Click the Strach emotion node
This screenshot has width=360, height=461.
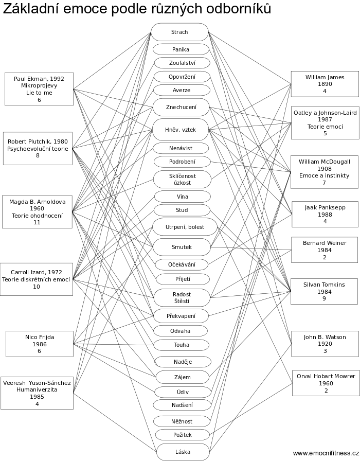pyautogui.click(x=179, y=32)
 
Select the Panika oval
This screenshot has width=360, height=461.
pyautogui.click(x=181, y=49)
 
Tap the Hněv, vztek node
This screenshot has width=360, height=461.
pyautogui.click(x=180, y=130)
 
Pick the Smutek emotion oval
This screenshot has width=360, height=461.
pyautogui.click(x=181, y=247)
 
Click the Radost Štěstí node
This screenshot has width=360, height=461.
pyautogui.click(x=182, y=297)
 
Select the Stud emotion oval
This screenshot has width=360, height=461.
pyautogui.click(x=182, y=210)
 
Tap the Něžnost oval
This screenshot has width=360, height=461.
pyautogui.click(x=182, y=421)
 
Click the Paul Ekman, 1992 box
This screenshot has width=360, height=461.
pyautogui.click(x=39, y=88)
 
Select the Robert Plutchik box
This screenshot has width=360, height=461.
pyautogui.click(x=38, y=148)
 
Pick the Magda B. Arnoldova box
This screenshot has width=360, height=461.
pyautogui.click(x=37, y=211)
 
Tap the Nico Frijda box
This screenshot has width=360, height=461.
pyautogui.click(x=40, y=344)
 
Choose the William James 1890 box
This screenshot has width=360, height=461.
pyautogui.click(x=325, y=84)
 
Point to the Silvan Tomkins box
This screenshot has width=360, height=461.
pyautogui.click(x=325, y=291)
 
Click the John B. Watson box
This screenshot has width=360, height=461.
pyautogui.click(x=325, y=344)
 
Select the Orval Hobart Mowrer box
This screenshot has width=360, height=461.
pyautogui.click(x=326, y=383)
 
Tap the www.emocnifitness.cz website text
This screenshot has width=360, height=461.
pyautogui.click(x=326, y=453)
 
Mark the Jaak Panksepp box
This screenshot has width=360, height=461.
pyautogui.click(x=325, y=214)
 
